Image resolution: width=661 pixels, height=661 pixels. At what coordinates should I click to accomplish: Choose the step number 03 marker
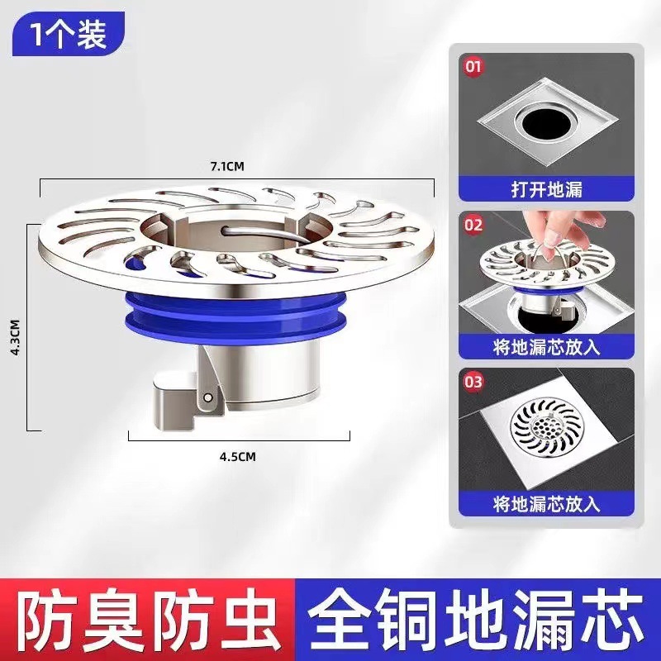[x=473, y=381]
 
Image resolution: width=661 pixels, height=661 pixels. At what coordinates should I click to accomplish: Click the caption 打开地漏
[x=546, y=189]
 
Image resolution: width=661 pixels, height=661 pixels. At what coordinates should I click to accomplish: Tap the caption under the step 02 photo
[x=546, y=345]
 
